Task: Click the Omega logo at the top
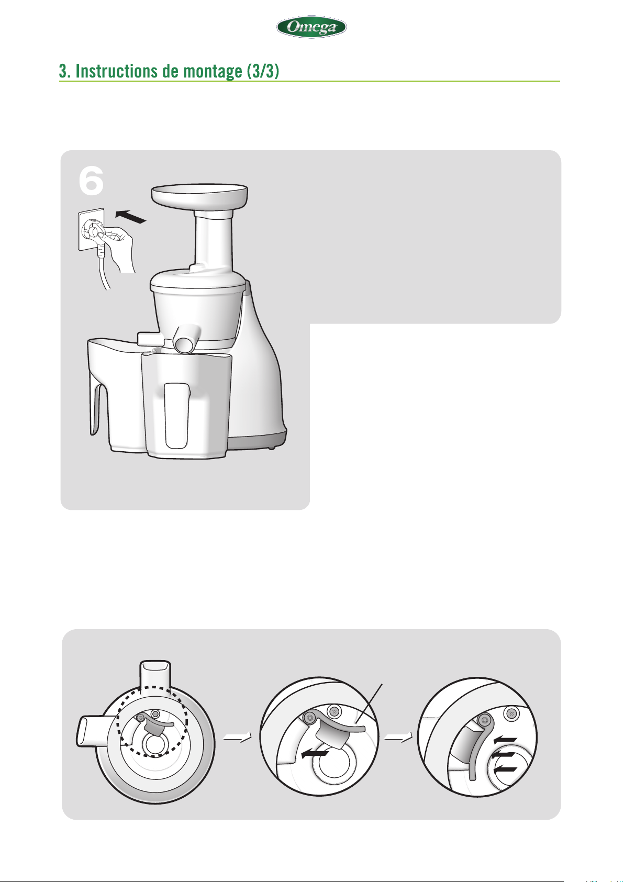tap(311, 27)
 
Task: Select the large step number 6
tap(91, 181)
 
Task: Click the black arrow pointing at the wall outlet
tap(131, 217)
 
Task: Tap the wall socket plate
tap(91, 230)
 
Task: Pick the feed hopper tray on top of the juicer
tap(199, 196)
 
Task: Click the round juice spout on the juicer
tap(186, 338)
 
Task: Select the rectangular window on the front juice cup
tap(176, 416)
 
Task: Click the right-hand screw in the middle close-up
tap(335, 712)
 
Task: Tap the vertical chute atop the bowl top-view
tap(155, 678)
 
